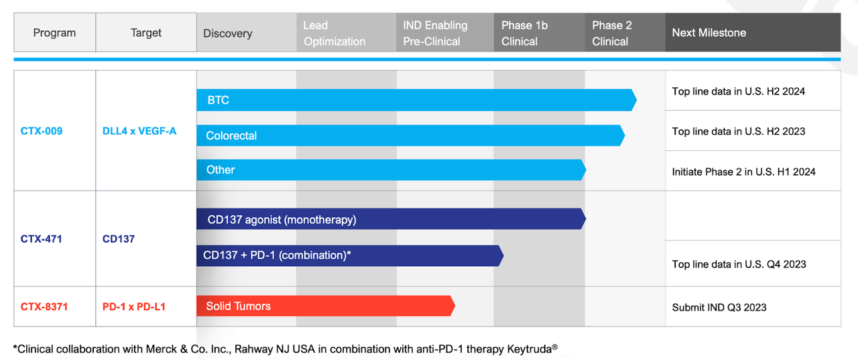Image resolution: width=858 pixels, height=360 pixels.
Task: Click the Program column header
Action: pyautogui.click(x=54, y=33)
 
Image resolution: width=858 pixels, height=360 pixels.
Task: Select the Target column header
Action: pyautogui.click(x=146, y=33)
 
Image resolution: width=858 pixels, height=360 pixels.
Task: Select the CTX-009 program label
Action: pyautogui.click(x=42, y=131)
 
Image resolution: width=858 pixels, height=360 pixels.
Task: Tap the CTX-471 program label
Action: pyautogui.click(x=41, y=239)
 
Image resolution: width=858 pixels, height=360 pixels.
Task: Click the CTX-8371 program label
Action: pyautogui.click(x=44, y=307)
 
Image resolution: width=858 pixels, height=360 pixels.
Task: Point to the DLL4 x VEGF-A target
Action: pyautogui.click(x=139, y=131)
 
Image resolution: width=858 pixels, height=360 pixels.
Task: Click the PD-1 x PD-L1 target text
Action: pyautogui.click(x=133, y=307)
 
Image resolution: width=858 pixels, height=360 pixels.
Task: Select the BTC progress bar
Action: pyautogui.click(x=416, y=100)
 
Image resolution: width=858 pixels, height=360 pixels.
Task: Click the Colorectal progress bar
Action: pyautogui.click(x=411, y=135)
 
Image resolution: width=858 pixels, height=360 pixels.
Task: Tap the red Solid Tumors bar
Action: pyautogui.click(x=326, y=306)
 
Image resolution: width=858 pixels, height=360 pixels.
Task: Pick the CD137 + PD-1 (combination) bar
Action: pyautogui.click(x=350, y=255)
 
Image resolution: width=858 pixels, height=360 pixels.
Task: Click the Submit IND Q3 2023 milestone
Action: pyautogui.click(x=719, y=307)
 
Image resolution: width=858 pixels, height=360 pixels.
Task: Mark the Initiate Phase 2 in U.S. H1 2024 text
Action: pyautogui.click(x=743, y=172)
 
